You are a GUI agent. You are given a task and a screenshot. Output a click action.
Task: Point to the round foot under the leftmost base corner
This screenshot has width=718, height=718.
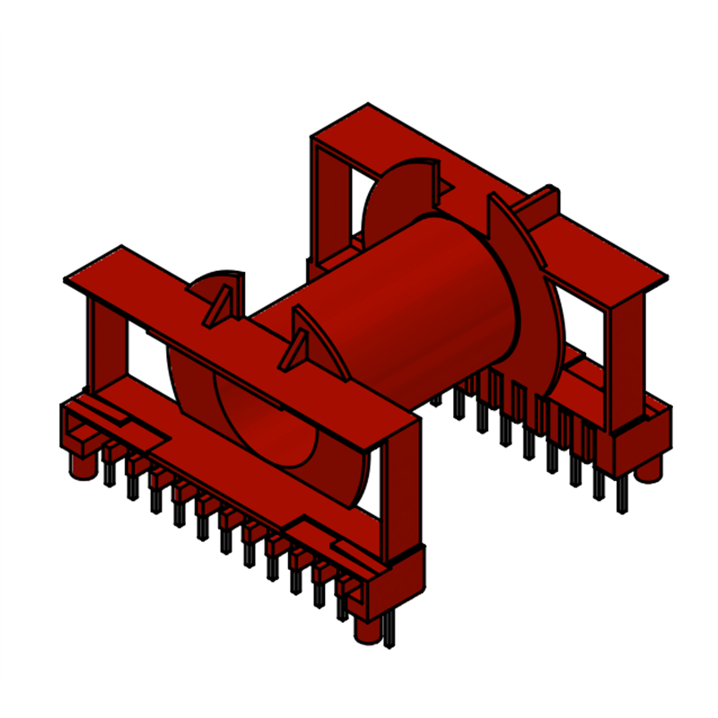click(x=82, y=465)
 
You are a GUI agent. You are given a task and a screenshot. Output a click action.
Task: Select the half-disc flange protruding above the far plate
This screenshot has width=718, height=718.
click(x=404, y=193)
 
